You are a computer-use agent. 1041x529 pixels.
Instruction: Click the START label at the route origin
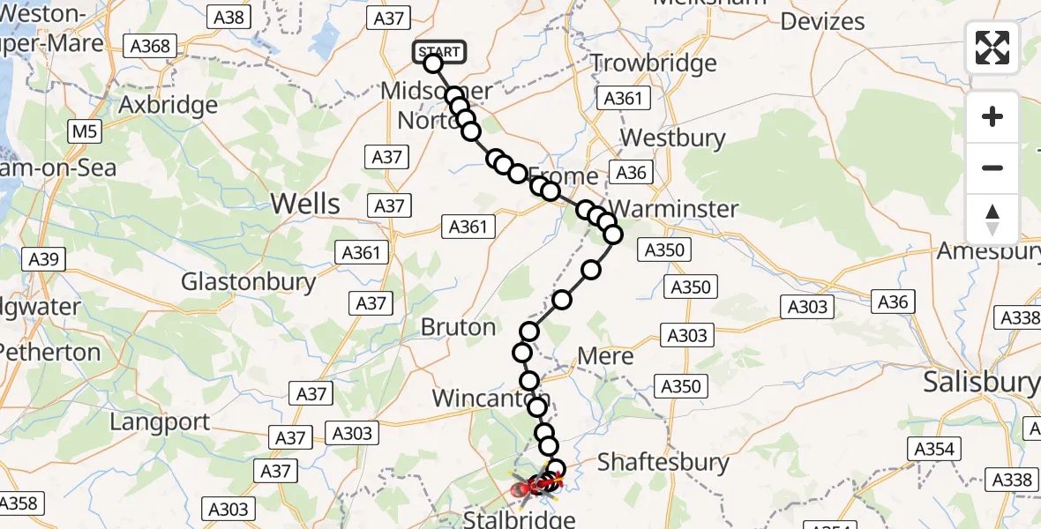coord(439,52)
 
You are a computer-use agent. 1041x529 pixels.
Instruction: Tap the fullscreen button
coord(992,48)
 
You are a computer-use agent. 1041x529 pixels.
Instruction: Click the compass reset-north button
coord(992,220)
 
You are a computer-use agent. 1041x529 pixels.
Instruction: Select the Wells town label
coord(305,204)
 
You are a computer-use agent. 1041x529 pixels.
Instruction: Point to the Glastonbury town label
coord(249,281)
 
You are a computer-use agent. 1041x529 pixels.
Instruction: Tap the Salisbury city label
coord(981,382)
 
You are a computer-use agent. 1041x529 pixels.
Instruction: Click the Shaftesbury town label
coord(663,461)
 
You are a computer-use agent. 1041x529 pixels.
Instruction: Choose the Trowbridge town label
coord(654,63)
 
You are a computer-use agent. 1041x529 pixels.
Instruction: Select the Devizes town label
coord(822,21)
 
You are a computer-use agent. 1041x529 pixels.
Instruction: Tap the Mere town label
coord(605,356)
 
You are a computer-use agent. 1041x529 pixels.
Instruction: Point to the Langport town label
coord(161,421)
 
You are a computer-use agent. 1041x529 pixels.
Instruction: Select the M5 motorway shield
coord(85,132)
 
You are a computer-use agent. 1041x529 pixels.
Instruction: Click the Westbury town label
coord(673,138)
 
